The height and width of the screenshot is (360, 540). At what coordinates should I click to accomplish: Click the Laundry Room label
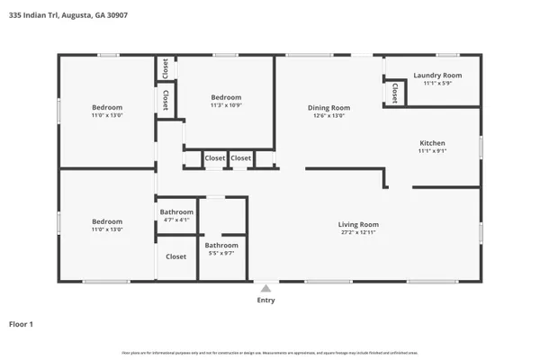coord(437,76)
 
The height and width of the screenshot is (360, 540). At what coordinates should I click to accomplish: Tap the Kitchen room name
coord(432,143)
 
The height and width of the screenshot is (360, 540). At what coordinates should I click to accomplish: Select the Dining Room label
coord(329,107)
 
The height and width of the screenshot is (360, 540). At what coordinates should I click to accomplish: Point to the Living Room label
coord(358,224)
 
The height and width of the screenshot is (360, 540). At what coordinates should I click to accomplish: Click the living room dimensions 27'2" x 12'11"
coord(358,233)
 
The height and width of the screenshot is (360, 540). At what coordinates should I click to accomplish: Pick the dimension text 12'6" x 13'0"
coord(329,115)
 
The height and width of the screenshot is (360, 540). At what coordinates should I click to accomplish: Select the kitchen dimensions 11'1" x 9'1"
coord(432,151)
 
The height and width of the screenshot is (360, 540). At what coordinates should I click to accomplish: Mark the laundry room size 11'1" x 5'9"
coord(437,84)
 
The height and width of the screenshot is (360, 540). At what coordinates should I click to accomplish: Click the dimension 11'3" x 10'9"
coord(226,105)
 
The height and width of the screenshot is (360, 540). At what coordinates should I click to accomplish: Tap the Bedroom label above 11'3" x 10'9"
coord(226,97)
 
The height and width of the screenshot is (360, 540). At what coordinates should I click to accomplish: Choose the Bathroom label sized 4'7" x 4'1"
coord(176,212)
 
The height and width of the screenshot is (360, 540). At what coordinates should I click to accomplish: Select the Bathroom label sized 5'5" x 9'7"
coord(221,245)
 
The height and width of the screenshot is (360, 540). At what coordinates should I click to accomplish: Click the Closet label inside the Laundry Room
coord(395,93)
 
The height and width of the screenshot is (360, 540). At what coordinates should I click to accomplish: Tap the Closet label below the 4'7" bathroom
coord(176,256)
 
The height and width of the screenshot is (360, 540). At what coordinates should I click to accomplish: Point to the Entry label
coord(265,301)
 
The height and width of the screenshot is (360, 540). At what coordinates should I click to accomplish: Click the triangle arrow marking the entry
coord(265,289)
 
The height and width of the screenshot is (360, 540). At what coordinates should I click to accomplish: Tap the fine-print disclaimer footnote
coord(270,353)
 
